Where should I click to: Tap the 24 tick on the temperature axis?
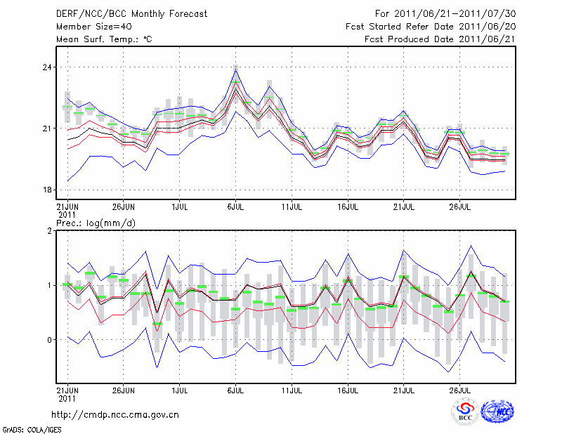(x=48, y=67)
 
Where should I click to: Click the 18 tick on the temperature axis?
(x=48, y=190)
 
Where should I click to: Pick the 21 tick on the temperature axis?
(x=48, y=129)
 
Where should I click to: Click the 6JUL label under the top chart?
(x=235, y=207)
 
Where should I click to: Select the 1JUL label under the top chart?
(x=179, y=207)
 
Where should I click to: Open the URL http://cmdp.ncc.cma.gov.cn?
(x=115, y=414)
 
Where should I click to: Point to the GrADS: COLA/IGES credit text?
(x=31, y=428)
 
